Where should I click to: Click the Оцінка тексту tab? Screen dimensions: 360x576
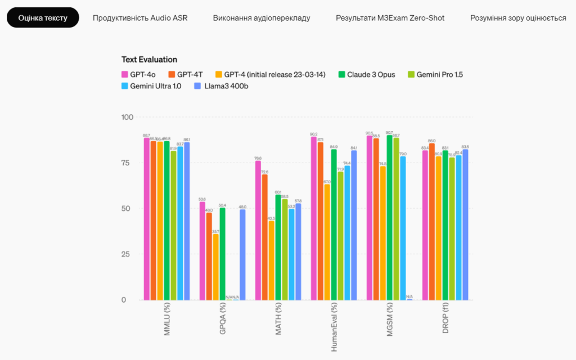coord(43,18)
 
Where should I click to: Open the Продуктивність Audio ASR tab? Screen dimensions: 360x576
coord(140,18)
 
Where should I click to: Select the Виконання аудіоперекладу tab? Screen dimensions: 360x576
coord(262,18)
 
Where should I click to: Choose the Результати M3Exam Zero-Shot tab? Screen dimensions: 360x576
coord(390,18)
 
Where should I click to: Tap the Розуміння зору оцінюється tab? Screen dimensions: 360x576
coord(518,18)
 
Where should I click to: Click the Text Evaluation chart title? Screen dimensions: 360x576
coord(149,60)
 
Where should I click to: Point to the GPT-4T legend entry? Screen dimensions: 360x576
coord(189,74)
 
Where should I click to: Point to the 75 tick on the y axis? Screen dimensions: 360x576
coord(127,163)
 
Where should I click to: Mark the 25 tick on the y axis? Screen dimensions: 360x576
coord(127,254)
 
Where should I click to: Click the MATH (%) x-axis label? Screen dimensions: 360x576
coord(278,321)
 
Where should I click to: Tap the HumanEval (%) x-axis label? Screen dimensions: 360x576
coord(334,326)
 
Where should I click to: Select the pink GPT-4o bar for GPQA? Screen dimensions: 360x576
coord(202,251)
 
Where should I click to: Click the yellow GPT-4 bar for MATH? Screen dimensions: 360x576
coord(272,260)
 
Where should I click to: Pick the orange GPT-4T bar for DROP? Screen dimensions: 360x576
coord(432,222)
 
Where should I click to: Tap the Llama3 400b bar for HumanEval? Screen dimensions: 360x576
coord(354,225)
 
